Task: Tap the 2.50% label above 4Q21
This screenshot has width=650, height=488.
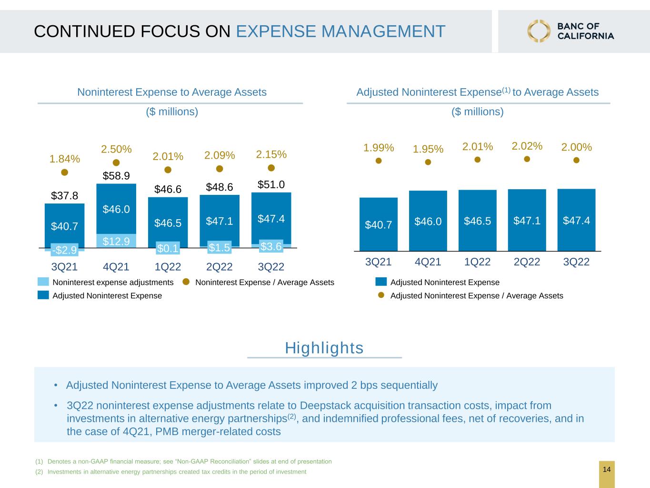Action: point(116,149)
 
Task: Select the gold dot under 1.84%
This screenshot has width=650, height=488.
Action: point(65,172)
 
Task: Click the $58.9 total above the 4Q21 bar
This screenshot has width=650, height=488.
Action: point(116,176)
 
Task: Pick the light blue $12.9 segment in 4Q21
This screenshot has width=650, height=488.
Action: point(116,241)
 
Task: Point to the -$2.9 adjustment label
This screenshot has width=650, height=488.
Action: point(65,250)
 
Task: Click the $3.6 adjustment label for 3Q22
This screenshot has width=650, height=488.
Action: point(271,246)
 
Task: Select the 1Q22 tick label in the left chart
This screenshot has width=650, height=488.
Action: point(168,267)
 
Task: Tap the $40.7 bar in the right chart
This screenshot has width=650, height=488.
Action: point(379,224)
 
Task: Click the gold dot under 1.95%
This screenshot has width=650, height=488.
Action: point(428,162)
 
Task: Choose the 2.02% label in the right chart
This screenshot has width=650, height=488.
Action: point(527,146)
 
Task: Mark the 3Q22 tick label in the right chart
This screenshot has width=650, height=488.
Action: point(576,262)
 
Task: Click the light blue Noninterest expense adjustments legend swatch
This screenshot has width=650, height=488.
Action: point(43,282)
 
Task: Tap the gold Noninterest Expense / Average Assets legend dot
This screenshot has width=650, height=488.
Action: point(186,282)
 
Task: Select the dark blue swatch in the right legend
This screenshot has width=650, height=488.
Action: point(381,282)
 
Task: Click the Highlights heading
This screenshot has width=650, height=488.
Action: point(324,348)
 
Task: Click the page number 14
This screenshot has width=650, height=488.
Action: point(607,469)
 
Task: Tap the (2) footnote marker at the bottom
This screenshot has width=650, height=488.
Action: point(39,472)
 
